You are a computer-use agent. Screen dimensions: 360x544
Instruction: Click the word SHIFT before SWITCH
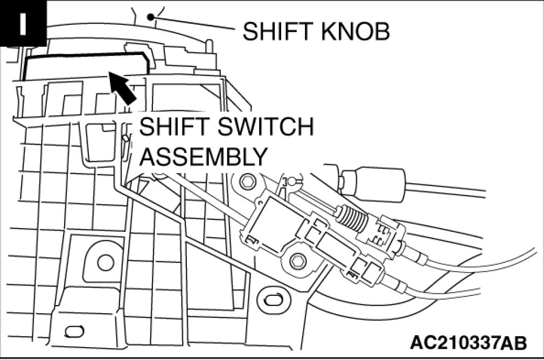(169, 129)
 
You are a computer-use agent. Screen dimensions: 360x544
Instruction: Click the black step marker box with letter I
(23, 25)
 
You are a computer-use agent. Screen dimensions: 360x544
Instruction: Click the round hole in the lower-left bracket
(106, 262)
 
